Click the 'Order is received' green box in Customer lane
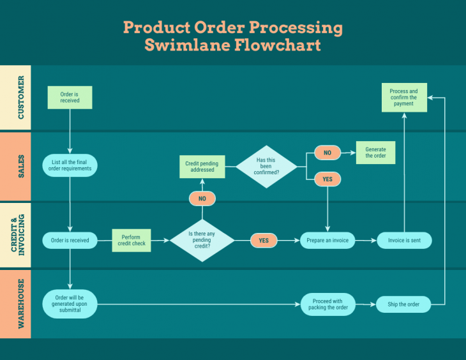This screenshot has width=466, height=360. [x=70, y=98]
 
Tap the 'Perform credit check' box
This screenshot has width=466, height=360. [x=132, y=240]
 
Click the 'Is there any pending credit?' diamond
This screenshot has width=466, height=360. [x=202, y=241]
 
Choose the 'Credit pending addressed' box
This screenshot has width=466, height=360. [x=202, y=167]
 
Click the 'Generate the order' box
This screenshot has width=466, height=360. [x=375, y=153]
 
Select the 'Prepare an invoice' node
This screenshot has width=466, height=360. [x=327, y=241]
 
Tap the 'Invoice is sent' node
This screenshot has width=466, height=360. [x=404, y=241]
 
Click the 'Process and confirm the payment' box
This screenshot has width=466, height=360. [x=403, y=98]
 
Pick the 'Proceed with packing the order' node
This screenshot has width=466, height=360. [x=327, y=304]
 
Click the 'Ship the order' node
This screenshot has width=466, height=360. [x=403, y=304]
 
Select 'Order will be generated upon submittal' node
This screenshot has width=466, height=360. [x=70, y=304]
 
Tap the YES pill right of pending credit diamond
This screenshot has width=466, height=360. [x=264, y=241]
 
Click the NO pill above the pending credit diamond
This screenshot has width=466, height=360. [x=202, y=199]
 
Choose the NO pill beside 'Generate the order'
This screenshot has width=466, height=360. [x=327, y=153]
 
